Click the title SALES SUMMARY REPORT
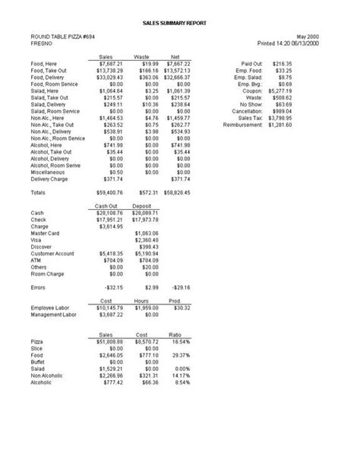tap(178, 24)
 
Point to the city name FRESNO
tap(42, 43)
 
